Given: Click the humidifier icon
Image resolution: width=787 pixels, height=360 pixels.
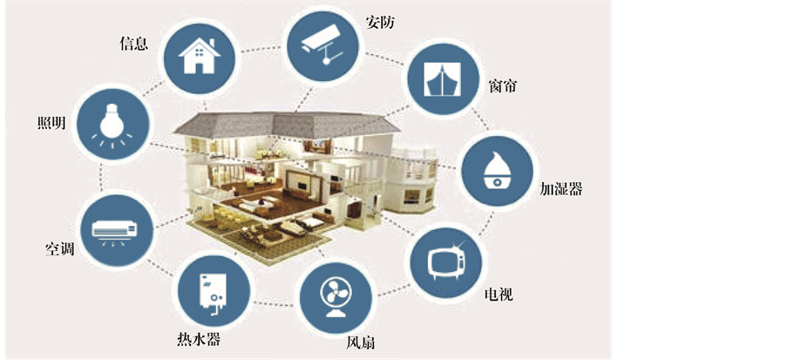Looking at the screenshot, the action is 496,169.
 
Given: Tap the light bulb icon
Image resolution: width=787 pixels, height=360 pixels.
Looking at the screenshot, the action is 112,127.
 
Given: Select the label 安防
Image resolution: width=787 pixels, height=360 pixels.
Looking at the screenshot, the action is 379,22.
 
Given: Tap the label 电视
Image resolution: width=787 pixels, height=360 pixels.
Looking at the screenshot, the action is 499,295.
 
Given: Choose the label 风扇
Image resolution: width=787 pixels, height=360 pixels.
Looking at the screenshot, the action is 360,343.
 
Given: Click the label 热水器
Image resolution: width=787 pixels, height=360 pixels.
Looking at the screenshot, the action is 192,339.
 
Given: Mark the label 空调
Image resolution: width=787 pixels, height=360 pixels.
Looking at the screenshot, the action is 59,249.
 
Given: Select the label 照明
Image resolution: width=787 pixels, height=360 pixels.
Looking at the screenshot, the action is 51,123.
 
